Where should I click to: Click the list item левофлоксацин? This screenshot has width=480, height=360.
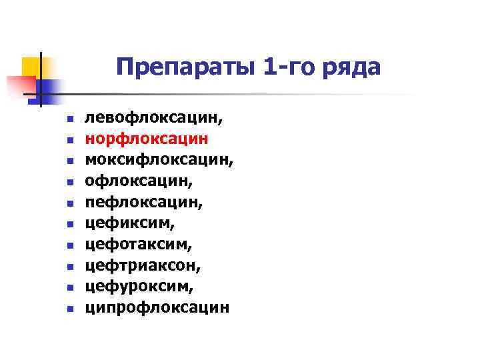[154, 119]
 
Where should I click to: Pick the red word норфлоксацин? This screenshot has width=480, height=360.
[147, 140]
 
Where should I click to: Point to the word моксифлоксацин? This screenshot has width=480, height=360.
[159, 161]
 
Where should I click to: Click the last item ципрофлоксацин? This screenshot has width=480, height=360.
[157, 308]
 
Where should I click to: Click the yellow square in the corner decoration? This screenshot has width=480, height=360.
[31, 67]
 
